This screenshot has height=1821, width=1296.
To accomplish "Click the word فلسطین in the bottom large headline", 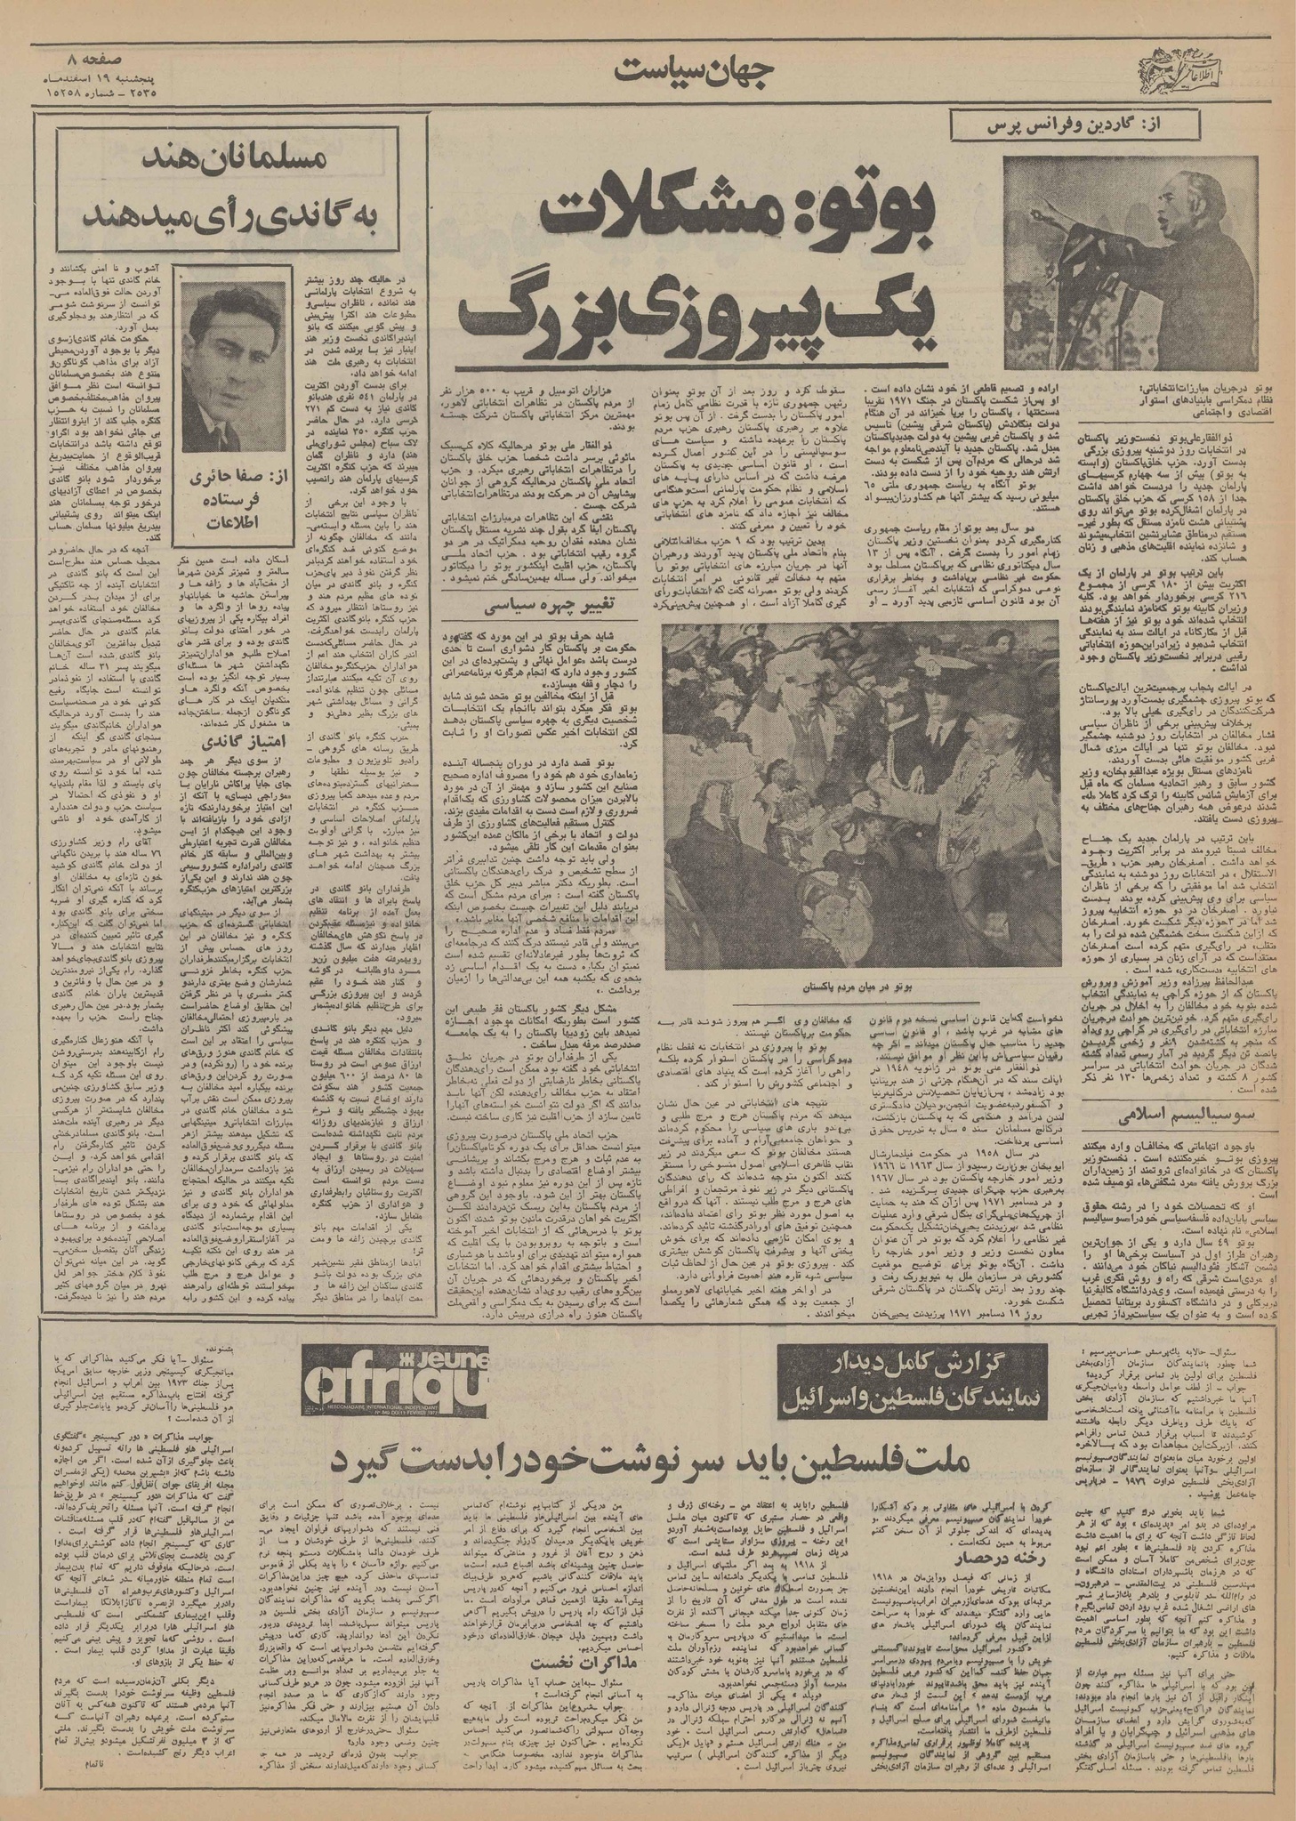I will (x=738, y=1459).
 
